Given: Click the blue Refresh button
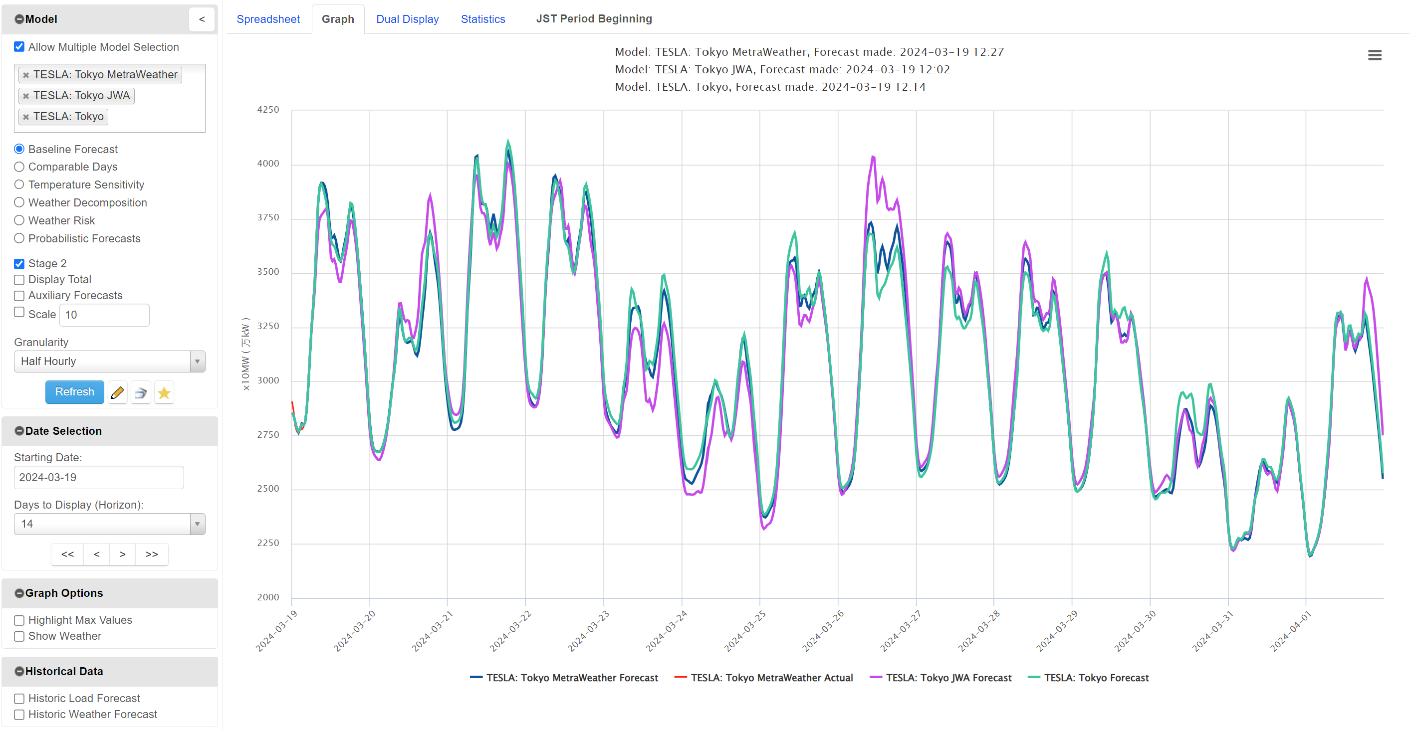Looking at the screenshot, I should click(74, 392).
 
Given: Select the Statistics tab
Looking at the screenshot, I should click(482, 19).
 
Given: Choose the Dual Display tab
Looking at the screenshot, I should click(407, 19).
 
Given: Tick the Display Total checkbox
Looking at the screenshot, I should click(19, 280).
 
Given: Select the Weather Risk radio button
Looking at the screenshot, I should click(19, 220).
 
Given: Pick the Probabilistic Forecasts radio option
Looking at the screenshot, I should click(19, 238).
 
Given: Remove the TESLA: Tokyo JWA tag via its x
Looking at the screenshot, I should click(26, 96).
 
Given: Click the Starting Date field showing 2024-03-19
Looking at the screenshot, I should click(98, 477).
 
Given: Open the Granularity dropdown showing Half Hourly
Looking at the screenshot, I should click(109, 362).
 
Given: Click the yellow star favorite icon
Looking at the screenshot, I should click(164, 393).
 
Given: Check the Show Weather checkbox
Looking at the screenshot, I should click(19, 636).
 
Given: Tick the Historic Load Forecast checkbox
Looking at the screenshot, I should click(19, 699).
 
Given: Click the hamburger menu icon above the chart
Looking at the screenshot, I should click(1375, 55).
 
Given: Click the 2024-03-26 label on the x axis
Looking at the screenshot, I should click(823, 631).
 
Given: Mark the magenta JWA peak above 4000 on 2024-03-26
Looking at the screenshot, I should click(873, 157).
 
